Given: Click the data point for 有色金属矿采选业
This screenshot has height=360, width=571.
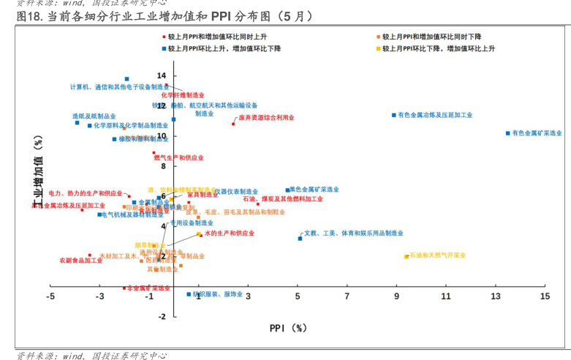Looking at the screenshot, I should [x=507, y=132].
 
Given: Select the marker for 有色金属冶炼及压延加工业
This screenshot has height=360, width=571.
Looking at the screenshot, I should [x=393, y=115].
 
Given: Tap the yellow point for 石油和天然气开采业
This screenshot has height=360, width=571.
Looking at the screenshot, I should [x=406, y=256].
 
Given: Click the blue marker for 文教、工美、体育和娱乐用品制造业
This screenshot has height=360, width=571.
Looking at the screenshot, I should [x=300, y=238].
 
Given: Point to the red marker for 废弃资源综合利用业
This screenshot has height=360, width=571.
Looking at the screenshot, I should [x=234, y=124].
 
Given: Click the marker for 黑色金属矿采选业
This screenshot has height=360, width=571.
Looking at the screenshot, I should [x=287, y=190].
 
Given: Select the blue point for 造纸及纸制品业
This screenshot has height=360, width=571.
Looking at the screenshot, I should [x=77, y=122].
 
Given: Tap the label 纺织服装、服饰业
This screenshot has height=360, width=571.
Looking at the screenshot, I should [x=217, y=293].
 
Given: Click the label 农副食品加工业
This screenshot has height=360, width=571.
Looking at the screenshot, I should [x=80, y=260].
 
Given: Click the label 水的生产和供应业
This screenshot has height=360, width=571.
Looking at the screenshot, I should [x=229, y=233].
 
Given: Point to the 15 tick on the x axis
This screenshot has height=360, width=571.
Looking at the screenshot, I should [x=545, y=296].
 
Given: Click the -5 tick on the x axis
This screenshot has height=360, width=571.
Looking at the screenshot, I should [x=50, y=296].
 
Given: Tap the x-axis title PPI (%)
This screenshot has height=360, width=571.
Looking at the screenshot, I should [x=287, y=328].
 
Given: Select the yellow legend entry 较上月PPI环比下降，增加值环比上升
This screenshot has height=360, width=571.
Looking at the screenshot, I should [x=439, y=48].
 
